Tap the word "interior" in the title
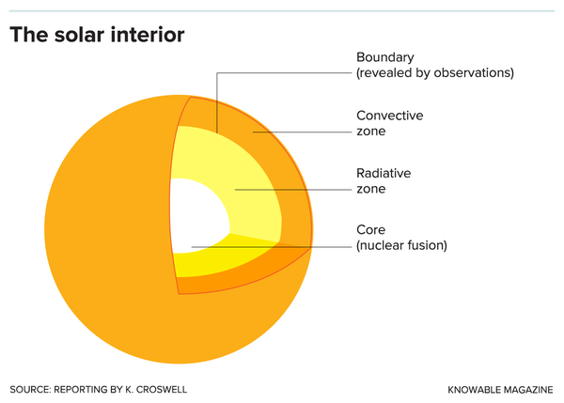[x=149, y=35]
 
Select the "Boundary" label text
[x=385, y=56]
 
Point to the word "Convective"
[x=389, y=116]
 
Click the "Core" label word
[x=370, y=229]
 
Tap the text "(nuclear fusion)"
[x=401, y=246]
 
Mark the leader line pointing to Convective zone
[x=301, y=132]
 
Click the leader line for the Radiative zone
[x=291, y=190]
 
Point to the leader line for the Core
[x=273, y=248]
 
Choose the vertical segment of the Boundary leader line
[x=217, y=103]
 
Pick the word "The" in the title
[x=28, y=35]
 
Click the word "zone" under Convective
[x=371, y=132]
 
